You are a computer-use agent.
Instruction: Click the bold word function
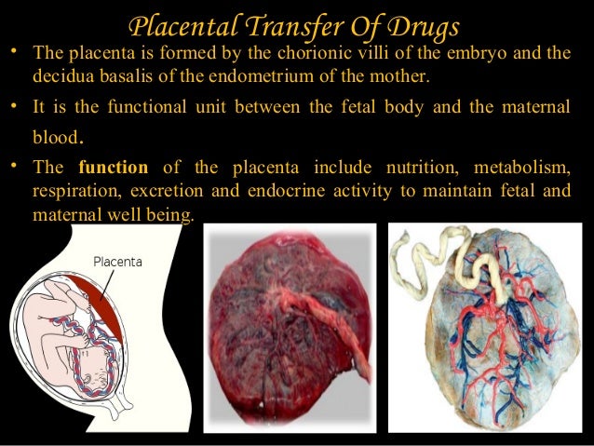pyautogui.click(x=114, y=169)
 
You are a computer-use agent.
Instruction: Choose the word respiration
pyautogui.click(x=74, y=191)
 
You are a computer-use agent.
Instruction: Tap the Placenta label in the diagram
pyautogui.click(x=116, y=263)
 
